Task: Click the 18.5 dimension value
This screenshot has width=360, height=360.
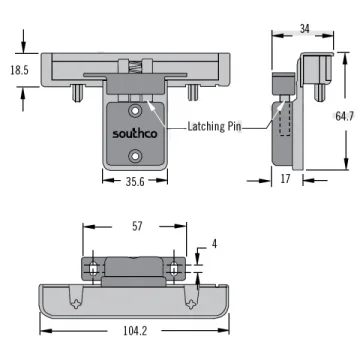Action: click(19, 70)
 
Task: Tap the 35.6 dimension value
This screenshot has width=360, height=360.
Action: click(135, 181)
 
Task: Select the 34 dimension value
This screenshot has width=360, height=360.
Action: click(304, 29)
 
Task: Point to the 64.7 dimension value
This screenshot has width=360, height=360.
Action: click(344, 116)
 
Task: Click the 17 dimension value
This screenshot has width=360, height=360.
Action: click(285, 179)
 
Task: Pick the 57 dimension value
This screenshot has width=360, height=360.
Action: click(137, 226)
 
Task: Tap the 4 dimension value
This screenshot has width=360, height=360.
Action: click(214, 244)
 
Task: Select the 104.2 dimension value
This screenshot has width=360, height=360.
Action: click(135, 331)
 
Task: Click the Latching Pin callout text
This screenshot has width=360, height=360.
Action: click(214, 127)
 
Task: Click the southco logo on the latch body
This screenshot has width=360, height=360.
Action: click(134, 133)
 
